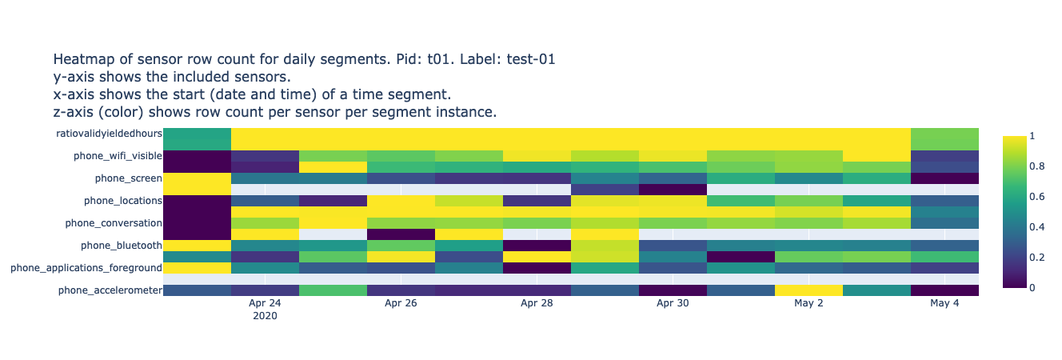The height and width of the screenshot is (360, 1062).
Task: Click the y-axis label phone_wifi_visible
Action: coord(118,155)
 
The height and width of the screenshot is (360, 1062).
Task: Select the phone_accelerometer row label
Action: coord(110,290)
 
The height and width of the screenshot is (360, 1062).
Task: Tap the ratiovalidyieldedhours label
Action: coord(109,133)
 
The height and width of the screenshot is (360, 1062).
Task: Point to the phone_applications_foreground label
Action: coord(86,267)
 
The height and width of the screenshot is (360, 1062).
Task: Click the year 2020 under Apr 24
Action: coord(265,317)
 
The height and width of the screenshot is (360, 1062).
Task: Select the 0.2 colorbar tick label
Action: coord(1016,257)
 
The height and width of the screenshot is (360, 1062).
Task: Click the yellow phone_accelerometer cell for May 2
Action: coord(808,290)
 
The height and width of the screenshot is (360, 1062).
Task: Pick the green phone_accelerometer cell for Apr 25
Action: coord(333,290)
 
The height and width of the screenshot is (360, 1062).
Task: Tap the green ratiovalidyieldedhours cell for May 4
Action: coord(944,138)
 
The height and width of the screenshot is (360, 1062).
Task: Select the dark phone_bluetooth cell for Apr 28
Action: coord(537,245)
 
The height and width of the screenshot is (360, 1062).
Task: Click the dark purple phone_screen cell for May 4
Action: coord(944,178)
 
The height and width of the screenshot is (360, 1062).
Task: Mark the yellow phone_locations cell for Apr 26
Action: coord(401,200)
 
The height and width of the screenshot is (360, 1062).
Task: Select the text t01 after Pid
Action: coord(432,59)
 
